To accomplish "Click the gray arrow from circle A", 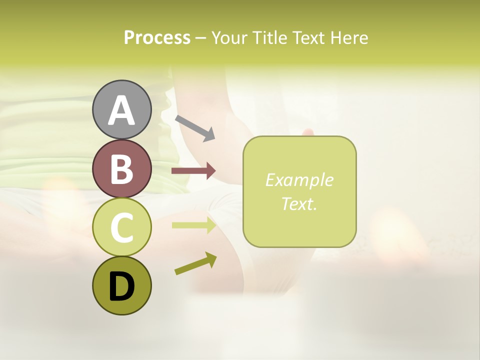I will (x=195, y=127).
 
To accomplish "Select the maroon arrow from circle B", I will (x=193, y=171).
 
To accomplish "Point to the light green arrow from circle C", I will (x=193, y=225).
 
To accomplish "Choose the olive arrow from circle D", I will (x=195, y=264).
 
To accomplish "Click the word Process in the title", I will (x=157, y=37).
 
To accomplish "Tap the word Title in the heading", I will (x=271, y=37).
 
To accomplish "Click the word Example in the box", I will (x=299, y=180).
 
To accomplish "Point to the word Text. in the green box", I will (x=299, y=203).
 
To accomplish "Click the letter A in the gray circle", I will (x=121, y=110).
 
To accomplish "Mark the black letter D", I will (x=121, y=286).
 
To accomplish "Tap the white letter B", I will (x=121, y=169).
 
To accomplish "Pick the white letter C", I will (x=121, y=228).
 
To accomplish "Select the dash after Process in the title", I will (x=201, y=38).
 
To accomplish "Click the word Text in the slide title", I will (x=310, y=37).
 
